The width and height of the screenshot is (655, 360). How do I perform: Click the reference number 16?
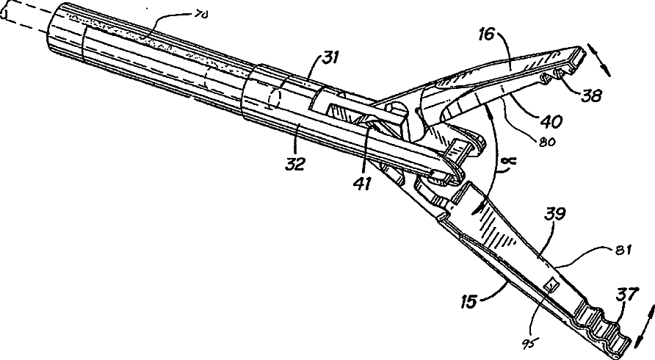(486, 34)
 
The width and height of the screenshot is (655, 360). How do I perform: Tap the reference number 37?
(626, 295)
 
